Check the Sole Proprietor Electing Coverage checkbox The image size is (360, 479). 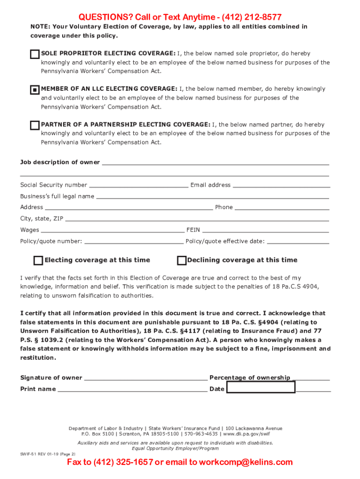(35, 54)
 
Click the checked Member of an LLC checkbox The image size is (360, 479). (35, 90)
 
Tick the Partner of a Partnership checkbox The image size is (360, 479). (35, 125)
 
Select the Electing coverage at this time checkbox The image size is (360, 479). (38, 261)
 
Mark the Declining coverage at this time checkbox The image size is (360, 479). (181, 261)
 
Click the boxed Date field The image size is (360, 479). (261, 387)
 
